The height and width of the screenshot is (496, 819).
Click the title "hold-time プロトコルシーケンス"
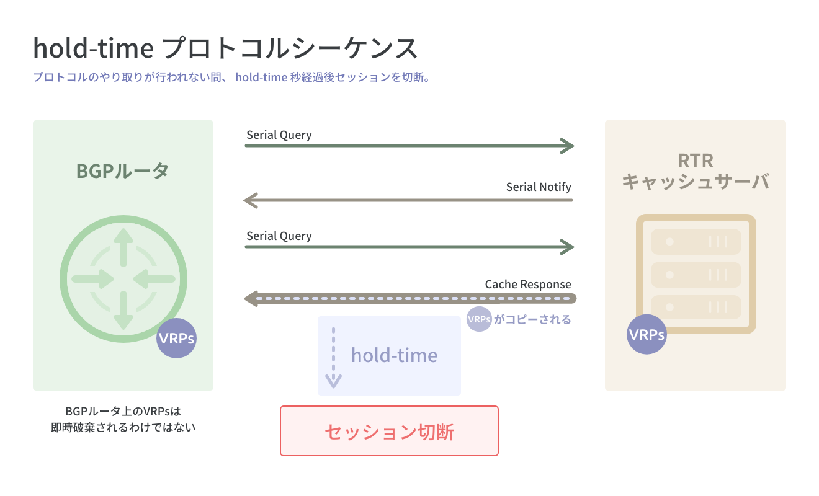225,48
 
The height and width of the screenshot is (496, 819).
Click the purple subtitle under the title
231,78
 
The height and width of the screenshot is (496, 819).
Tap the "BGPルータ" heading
123,170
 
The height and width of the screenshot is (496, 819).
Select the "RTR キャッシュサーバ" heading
696,172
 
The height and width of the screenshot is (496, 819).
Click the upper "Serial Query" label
279,135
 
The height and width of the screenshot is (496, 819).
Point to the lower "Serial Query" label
279,236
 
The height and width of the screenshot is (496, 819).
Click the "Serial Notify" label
539,187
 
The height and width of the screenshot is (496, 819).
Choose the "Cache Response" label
528,284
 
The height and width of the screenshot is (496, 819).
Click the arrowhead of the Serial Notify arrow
251,200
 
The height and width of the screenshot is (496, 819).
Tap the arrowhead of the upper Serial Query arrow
567,146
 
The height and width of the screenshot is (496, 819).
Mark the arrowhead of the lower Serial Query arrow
567,247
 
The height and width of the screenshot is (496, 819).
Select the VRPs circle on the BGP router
176,339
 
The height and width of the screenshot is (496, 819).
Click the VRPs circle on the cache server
647,335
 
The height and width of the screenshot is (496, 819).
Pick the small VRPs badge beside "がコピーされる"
479,320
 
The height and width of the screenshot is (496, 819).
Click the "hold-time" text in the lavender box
394,355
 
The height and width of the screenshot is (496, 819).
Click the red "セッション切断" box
389,431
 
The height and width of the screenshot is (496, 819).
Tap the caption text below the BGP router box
123,419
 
